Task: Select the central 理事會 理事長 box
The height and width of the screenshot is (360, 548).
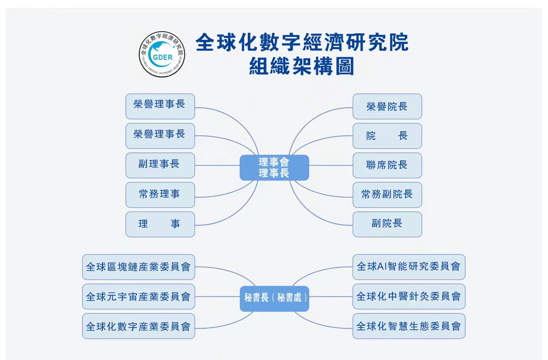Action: point(274,167)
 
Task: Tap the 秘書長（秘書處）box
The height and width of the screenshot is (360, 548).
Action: point(274,298)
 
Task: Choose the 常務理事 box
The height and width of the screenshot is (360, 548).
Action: point(160,195)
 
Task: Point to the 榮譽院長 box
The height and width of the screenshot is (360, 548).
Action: point(387,106)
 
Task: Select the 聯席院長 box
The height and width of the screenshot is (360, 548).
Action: point(387,165)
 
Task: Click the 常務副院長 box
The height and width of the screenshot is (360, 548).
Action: point(387,195)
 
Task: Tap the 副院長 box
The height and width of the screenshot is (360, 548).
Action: point(387,224)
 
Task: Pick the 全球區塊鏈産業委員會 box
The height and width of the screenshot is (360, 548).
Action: point(138,267)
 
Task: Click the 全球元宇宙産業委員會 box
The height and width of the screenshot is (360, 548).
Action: point(138,296)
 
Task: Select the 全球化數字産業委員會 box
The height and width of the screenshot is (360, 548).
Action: point(138,326)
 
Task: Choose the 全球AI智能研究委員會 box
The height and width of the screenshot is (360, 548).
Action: point(409,267)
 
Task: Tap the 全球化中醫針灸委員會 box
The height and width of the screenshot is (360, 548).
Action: point(409,296)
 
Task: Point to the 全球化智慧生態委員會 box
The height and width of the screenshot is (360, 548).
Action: point(409,326)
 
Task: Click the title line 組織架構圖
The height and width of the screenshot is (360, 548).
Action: point(301,66)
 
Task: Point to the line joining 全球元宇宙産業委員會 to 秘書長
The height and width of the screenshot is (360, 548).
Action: point(217,297)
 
